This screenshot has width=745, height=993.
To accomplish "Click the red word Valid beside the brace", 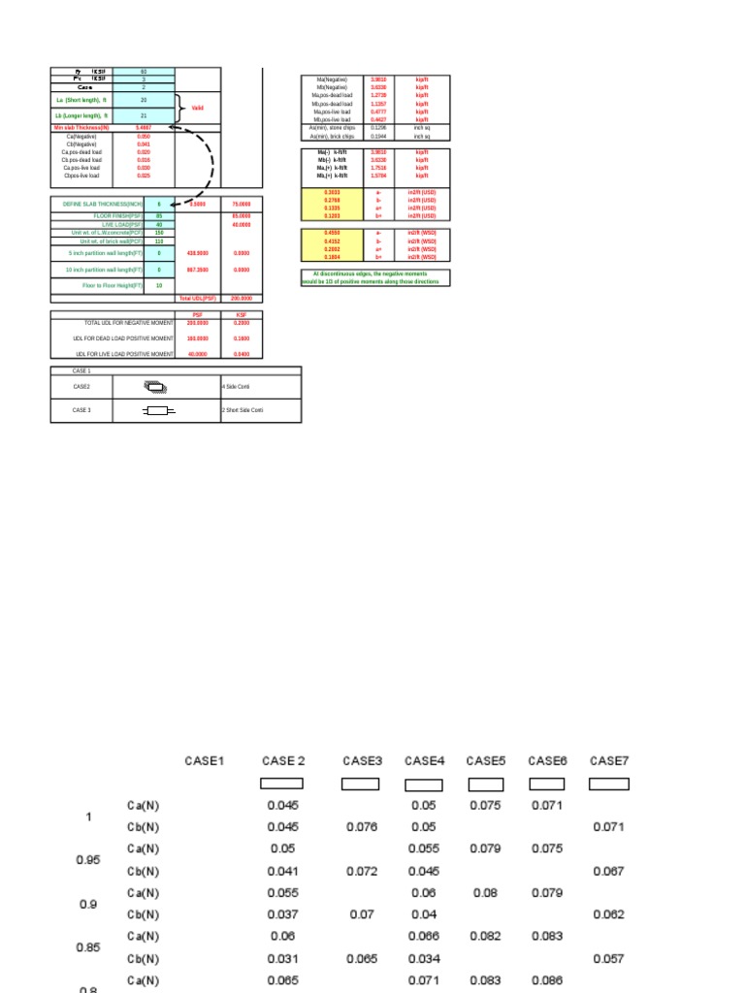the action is coord(198,108).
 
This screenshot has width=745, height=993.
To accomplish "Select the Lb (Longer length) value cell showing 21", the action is coord(144,115).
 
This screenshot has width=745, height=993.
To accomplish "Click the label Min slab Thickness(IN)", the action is coord(81,127).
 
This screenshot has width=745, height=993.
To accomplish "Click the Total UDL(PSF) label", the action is coord(196,299).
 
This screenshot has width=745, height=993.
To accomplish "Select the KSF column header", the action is coord(242,315).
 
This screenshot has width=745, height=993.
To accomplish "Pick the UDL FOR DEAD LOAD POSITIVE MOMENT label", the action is coord(124,338).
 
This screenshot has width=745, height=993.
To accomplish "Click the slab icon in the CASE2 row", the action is coord(156,386).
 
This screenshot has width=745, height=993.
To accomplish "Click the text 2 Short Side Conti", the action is coord(243,411).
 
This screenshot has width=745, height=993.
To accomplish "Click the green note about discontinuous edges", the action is coord(375,278).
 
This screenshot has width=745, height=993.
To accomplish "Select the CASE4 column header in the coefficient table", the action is coord(424,760).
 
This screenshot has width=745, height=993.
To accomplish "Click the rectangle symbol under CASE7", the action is coord(609,784).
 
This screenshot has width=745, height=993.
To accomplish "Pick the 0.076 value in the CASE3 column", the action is coord(361,827).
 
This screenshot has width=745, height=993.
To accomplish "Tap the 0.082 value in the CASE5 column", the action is coord(485,937).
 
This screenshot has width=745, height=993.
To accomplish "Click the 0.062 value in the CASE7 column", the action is coord(609,914).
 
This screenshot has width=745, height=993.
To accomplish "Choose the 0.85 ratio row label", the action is coord(88,947).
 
